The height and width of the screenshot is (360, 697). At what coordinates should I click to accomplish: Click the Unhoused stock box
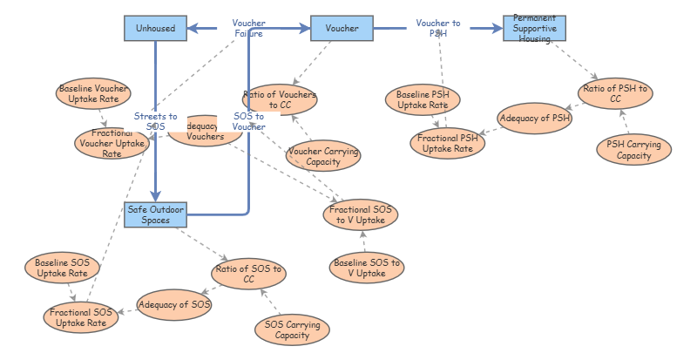click(155, 29)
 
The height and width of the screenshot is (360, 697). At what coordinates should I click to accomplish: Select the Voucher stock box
click(342, 29)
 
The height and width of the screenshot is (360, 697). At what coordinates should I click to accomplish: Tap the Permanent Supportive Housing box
click(534, 29)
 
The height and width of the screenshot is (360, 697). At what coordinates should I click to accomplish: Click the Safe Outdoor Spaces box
click(155, 214)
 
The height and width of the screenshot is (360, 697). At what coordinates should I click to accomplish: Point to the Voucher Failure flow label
click(248, 28)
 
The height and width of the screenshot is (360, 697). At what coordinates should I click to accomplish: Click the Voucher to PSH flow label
click(437, 28)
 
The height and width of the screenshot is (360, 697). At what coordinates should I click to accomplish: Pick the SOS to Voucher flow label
click(249, 121)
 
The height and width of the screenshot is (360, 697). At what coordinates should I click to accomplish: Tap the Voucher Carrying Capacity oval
click(324, 155)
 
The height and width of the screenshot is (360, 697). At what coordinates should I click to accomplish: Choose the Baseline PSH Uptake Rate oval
click(423, 99)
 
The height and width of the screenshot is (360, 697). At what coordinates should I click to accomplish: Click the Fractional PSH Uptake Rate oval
click(447, 143)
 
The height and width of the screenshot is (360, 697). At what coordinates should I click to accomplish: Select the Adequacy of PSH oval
click(535, 117)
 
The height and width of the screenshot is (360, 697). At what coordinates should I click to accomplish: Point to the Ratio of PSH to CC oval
click(615, 92)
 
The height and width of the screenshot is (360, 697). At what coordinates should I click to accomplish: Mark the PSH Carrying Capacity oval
click(634, 150)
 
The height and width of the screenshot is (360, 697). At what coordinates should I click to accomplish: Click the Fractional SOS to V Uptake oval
click(360, 214)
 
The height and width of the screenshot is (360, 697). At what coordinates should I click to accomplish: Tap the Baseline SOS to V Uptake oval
click(367, 268)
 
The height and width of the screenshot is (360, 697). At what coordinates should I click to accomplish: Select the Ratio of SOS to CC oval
click(248, 273)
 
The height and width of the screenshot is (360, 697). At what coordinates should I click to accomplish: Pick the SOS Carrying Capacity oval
click(292, 329)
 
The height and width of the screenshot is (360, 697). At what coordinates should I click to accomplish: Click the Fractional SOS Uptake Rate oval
click(79, 316)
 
